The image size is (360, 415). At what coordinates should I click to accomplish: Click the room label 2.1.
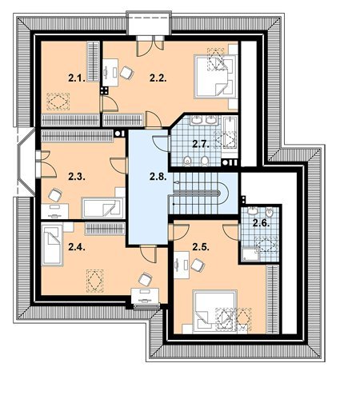coord(77,78)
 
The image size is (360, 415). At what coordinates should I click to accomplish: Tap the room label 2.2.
coord(158,78)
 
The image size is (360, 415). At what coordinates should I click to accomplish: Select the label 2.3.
coord(77,177)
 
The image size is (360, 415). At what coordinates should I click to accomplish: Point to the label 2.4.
coord(77,247)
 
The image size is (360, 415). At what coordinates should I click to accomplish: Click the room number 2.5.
coord(201,247)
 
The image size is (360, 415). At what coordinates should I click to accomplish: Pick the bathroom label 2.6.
coord(261,223)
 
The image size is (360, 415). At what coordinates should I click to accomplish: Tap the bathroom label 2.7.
coord(201,144)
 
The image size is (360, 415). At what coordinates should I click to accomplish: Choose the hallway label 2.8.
coord(158,177)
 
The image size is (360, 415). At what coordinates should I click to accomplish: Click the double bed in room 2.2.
coord(216,77)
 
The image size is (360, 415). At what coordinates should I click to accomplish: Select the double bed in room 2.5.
coord(214,312)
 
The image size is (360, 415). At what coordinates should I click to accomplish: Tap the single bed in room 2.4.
coord(52,245)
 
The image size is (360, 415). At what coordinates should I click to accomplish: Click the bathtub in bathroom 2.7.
coord(230,133)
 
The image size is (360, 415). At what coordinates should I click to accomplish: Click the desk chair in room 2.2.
coord(126,73)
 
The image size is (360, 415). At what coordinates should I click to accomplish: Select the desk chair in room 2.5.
coord(198,265)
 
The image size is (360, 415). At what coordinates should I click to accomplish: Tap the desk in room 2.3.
coord(55,211)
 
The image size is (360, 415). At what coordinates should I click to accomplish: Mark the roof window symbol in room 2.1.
coord(58,102)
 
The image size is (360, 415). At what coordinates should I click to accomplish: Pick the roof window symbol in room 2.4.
coord(94,281)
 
